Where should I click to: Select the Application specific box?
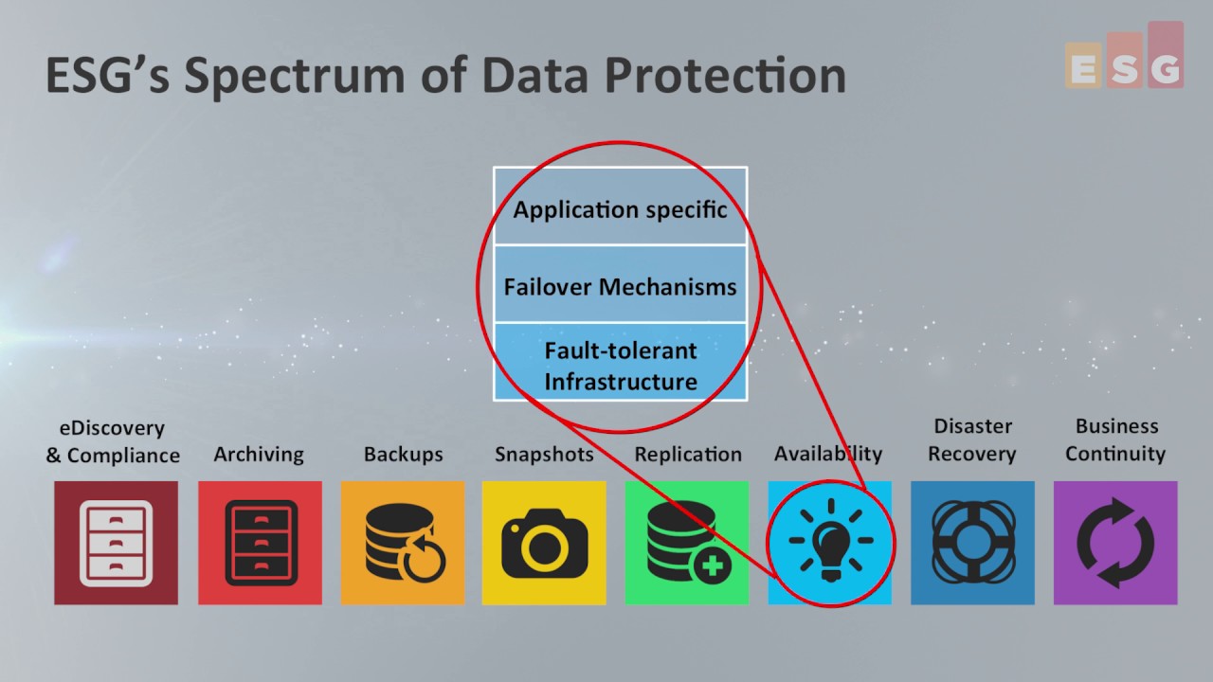(x=620, y=208)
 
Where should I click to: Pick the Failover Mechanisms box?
(x=620, y=286)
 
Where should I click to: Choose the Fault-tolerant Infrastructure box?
(x=620, y=365)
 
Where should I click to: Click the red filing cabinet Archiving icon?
(x=260, y=543)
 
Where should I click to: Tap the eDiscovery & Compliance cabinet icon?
(x=116, y=543)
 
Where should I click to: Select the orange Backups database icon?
(x=403, y=543)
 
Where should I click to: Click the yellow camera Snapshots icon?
(x=544, y=543)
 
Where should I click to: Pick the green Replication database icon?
(x=686, y=543)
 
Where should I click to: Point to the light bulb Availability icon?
(x=829, y=543)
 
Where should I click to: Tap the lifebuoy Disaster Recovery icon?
(x=972, y=543)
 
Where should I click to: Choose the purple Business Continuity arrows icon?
(x=1115, y=543)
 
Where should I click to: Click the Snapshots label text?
(x=544, y=455)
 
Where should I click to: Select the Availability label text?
(x=828, y=454)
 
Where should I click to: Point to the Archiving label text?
(x=259, y=455)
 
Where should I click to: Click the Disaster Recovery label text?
(x=972, y=440)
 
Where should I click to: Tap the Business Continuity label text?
(x=1116, y=440)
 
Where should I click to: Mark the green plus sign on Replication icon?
(x=712, y=568)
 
